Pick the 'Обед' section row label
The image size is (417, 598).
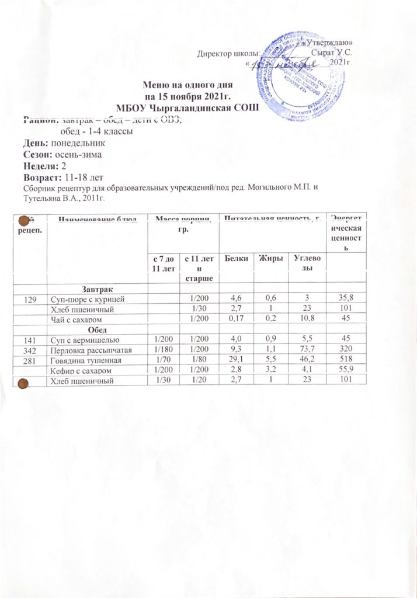coord(96,329)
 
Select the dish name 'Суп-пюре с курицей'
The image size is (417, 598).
coord(87,299)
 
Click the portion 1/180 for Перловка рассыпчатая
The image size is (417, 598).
coord(161,350)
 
